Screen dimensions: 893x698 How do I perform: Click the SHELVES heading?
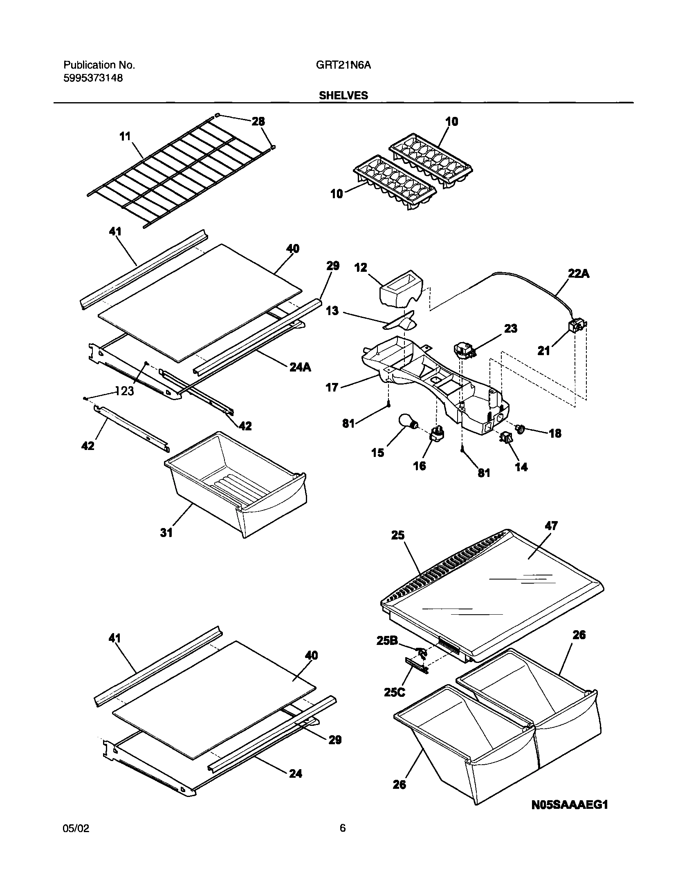[x=343, y=95]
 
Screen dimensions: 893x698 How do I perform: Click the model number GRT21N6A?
[x=343, y=65]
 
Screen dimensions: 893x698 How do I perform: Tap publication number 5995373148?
[x=93, y=78]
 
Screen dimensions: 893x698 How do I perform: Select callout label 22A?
[x=579, y=274]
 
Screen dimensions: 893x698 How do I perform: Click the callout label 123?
[x=124, y=391]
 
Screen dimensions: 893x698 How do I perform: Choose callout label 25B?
[x=387, y=641]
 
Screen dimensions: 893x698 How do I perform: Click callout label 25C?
[x=395, y=692]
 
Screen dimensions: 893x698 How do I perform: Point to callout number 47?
[x=551, y=526]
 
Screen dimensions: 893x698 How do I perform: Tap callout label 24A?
[x=300, y=367]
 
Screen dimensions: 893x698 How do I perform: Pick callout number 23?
[x=511, y=328]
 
